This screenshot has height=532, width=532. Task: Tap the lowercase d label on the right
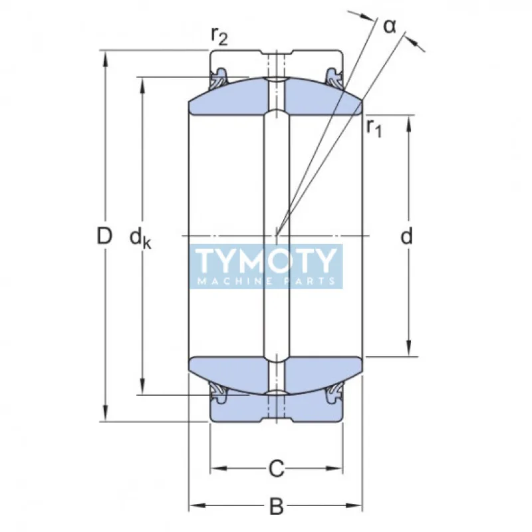coord(407,235)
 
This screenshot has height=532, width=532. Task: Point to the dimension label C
coord(276,469)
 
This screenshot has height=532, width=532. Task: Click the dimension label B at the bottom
coord(276,507)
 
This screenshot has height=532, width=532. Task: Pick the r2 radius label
coord(219,37)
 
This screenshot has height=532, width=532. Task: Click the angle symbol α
coord(390,25)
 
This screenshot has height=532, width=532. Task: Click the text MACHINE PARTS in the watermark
coord(266,281)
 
